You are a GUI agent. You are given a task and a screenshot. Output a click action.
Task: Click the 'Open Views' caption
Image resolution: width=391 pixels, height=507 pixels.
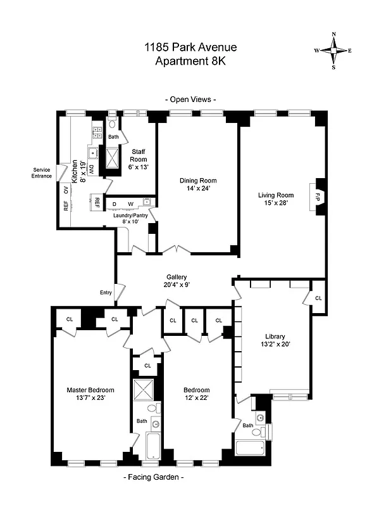[190, 99]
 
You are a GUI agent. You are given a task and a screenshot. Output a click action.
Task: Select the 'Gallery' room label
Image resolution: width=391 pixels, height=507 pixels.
[177, 277]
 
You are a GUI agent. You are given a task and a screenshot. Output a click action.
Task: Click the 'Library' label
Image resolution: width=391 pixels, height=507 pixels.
[275, 337]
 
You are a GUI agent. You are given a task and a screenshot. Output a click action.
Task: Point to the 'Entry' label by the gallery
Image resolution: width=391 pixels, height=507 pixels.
[106, 292]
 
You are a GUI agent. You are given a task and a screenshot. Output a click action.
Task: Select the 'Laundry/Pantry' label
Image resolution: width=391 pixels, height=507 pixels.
[130, 215]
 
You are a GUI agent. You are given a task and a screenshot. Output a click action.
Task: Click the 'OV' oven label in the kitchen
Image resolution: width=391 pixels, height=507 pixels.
[65, 188]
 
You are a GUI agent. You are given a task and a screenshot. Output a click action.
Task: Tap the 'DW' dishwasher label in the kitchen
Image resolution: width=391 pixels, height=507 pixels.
[91, 169]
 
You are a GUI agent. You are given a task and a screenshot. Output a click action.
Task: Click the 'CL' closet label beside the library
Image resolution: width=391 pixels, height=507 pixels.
[318, 298]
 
